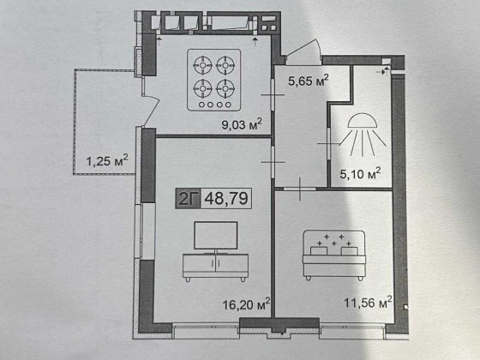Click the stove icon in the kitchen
click(x=214, y=80)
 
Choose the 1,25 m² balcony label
click(x=107, y=160)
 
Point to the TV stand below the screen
click(x=214, y=266)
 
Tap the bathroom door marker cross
click(x=328, y=141)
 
